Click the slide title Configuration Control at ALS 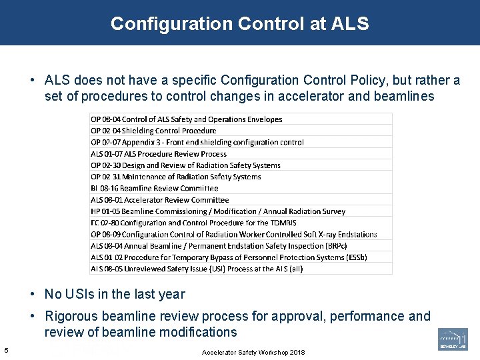click(239, 24)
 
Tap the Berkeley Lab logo click(453, 339)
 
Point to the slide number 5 click(6, 351)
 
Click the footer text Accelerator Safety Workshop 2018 click(253, 352)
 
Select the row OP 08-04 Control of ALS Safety click(187, 119)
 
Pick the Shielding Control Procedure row click(153, 131)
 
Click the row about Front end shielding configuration click(197, 142)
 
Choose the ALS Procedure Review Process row click(159, 154)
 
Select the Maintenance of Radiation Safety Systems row click(176, 177)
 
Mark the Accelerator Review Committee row click(159, 200)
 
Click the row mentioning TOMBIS click(193, 223)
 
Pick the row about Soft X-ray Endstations click(233, 235)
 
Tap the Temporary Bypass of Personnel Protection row click(220, 257)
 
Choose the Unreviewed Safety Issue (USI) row click(197, 269)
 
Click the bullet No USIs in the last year click(115, 294)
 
